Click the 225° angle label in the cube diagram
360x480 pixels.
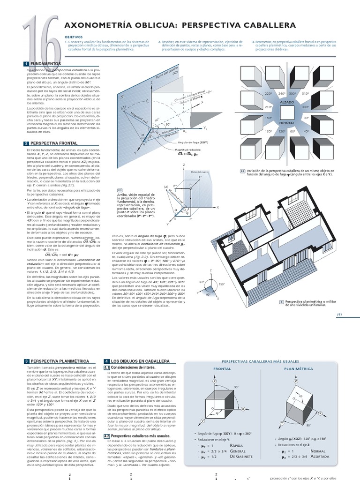click(x=269, y=94)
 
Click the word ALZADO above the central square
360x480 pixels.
click(x=287, y=101)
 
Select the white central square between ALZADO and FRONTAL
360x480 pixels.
click(x=287, y=112)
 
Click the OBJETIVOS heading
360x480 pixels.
click(x=74, y=36)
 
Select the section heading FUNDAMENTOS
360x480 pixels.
click(x=45, y=63)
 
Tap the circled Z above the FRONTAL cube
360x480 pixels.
click(x=215, y=382)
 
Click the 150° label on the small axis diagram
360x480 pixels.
click(x=222, y=284)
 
